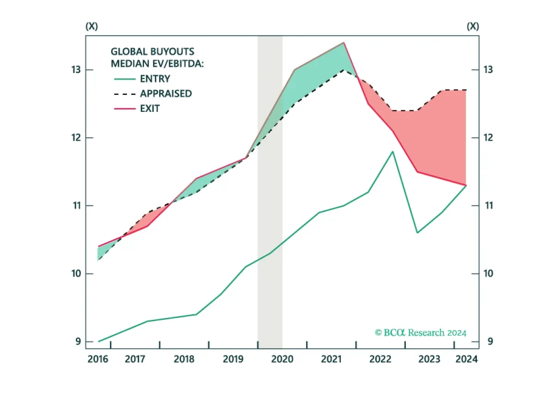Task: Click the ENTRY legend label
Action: coord(155,79)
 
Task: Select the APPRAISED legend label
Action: coord(166,94)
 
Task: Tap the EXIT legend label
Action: coord(150,109)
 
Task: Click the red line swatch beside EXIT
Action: coord(125,109)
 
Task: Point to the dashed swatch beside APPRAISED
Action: coord(125,94)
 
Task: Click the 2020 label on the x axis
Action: coord(282,359)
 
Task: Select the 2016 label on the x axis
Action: coord(98,359)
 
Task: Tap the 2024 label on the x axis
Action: coord(466,359)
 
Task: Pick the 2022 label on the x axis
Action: coord(380,359)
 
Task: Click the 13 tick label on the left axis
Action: coord(76,70)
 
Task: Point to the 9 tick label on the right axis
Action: coord(490,342)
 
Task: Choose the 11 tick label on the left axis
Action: coord(77,206)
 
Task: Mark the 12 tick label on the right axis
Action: coord(488,137)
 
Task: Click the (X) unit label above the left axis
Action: coord(92,26)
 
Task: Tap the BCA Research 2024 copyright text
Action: coord(421,333)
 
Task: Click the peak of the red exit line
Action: coord(344,43)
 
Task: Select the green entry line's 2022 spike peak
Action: coord(393,151)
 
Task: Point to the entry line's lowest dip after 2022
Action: coord(417,233)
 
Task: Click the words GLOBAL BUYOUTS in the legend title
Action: coord(152,52)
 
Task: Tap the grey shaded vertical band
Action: coord(270,192)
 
